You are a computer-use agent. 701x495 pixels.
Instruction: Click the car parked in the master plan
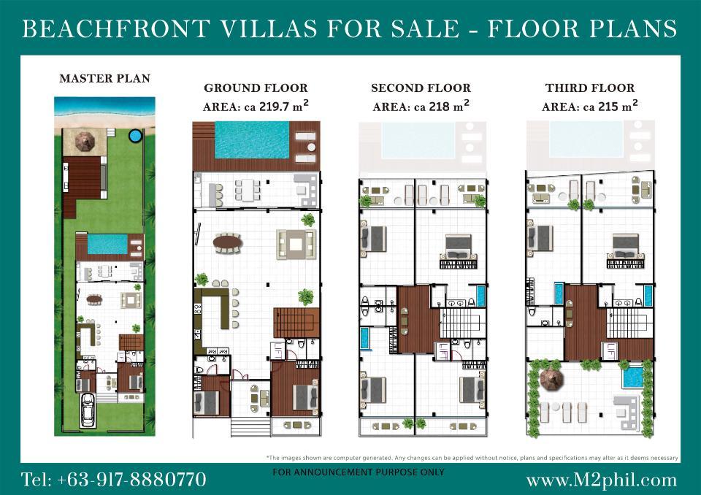click(88, 410)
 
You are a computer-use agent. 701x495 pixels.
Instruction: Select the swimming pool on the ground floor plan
click(252, 140)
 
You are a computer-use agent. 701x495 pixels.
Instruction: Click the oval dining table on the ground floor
click(228, 243)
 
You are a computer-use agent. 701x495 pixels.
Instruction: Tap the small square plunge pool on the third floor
click(632, 378)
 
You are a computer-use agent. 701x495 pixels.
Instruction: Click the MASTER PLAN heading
click(105, 79)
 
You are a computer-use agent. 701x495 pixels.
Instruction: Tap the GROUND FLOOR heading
click(256, 88)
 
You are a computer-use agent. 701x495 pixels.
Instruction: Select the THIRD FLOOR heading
click(590, 88)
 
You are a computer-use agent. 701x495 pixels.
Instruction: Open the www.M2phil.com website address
click(602, 480)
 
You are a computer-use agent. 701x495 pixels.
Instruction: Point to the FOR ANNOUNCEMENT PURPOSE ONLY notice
click(359, 472)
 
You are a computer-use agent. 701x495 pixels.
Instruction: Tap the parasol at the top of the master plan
click(85, 140)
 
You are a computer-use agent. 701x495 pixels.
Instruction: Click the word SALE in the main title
click(425, 28)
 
